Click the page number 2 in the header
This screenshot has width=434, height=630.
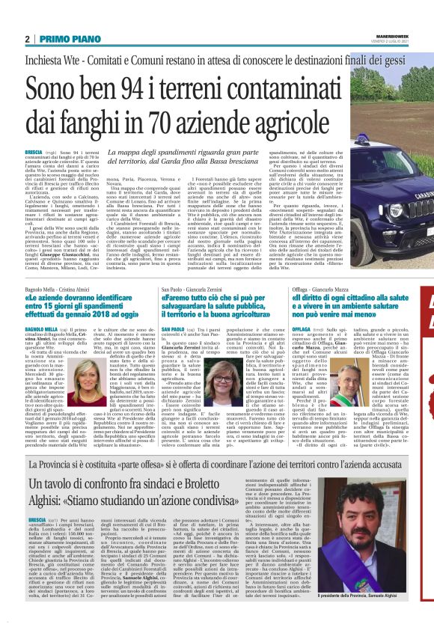click(x=27, y=39)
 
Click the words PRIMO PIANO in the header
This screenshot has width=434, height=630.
click(x=61, y=39)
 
